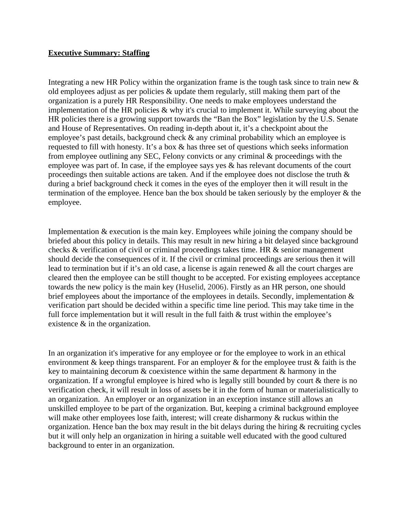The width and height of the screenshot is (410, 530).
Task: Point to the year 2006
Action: point(214,287)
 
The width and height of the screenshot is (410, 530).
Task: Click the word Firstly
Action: point(240,287)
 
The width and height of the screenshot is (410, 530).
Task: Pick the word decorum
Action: point(124,371)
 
